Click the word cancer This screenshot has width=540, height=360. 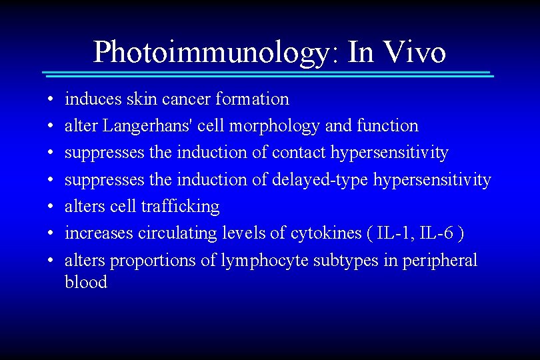[x=185, y=99]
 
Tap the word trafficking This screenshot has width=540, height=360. [x=180, y=207]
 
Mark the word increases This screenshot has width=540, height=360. [x=98, y=233]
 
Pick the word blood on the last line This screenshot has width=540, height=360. [x=85, y=282]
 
